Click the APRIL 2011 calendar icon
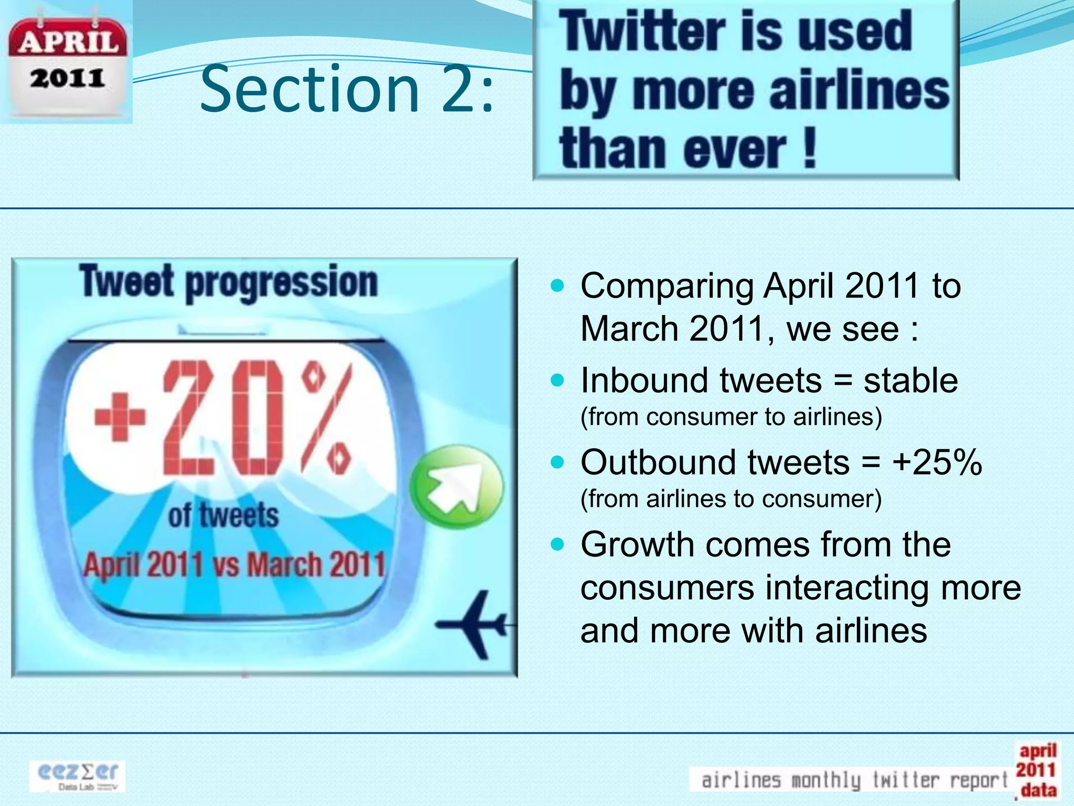67,63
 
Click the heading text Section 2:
347,88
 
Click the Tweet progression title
229,282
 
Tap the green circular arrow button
456,486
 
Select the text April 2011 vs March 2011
234,565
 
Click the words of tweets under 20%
223,515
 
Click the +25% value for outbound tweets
937,462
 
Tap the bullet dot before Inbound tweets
558,379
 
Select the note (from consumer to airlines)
731,417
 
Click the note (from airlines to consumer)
731,499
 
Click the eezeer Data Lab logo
78,776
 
